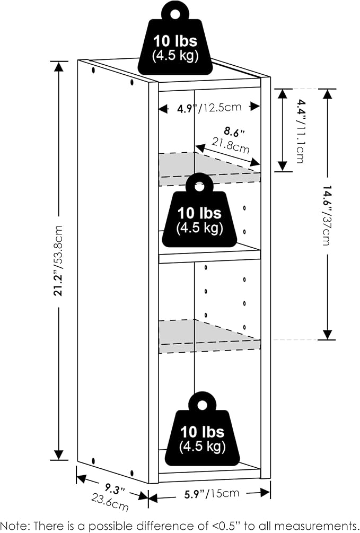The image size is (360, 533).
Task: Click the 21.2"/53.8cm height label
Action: coord(58,261)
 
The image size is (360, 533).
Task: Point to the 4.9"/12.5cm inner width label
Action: coord(209,108)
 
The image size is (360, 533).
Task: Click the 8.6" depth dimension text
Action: coord(234,132)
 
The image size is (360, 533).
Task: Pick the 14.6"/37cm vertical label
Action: coord(327,215)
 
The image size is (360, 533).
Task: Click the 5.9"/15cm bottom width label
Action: coord(212,494)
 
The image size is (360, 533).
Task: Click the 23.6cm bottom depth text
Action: coord(110,503)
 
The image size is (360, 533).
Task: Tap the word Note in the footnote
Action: coord(15,526)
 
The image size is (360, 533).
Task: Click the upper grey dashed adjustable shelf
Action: coord(209,169)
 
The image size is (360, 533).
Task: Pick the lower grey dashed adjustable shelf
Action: coord(209,336)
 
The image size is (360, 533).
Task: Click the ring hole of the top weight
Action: coord(175,14)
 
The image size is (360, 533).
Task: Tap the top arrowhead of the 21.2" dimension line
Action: coord(59,67)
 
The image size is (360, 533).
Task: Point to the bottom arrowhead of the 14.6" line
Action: coord(327,335)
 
